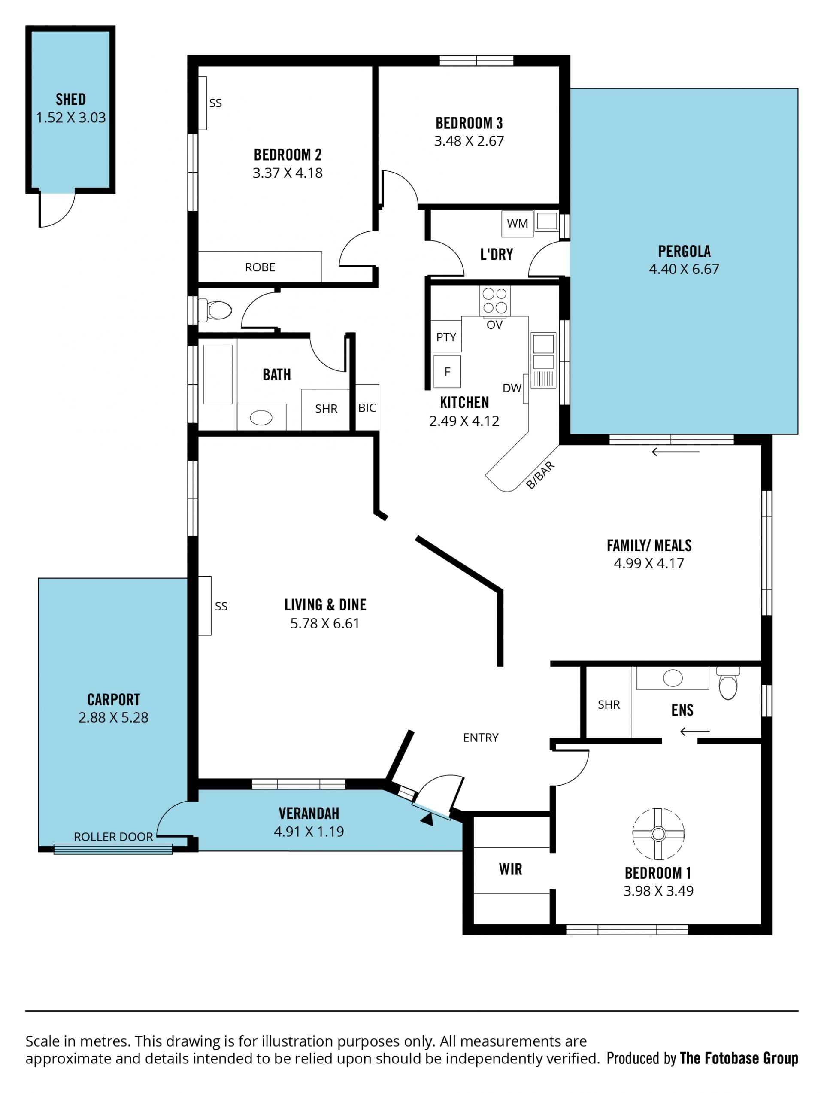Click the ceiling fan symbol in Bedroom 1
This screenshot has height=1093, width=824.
coord(658,834)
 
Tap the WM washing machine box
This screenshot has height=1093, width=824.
coord(517,224)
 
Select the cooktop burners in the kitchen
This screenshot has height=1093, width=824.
coord(494,301)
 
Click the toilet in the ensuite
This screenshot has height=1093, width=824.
coord(728,683)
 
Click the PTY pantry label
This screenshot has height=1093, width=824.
coord(446,337)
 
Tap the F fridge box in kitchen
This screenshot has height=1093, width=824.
coord(447,372)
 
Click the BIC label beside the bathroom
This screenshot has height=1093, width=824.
coord(367,408)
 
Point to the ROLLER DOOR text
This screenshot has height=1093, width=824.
coord(113,837)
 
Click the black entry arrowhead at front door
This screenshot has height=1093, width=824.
coord(428,819)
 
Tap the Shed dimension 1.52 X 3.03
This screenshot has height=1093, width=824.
coord(71,118)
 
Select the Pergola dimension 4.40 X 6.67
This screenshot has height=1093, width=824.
coord(684,269)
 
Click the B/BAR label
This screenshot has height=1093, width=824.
coord(540,475)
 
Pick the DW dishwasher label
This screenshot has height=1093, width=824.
coord(512,388)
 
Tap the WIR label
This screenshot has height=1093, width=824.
coord(510,869)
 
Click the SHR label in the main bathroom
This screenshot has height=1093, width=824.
coord(326,409)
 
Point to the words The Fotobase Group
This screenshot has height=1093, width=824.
coord(739,1058)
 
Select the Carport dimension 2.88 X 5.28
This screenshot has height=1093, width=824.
coord(113,717)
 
